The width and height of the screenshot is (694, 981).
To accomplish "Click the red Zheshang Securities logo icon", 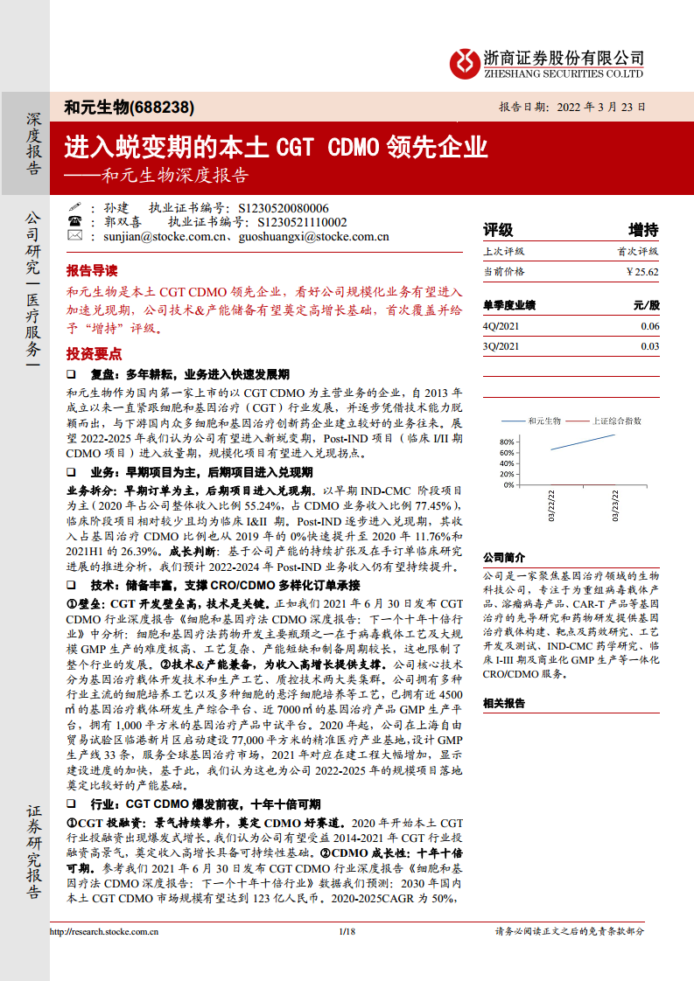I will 465,62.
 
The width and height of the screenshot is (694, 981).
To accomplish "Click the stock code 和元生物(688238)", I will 129,108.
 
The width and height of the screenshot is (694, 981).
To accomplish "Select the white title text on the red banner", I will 277,146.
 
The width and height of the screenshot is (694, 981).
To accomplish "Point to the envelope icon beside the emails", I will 74,236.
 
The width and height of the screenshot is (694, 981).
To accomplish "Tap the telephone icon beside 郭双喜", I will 74,222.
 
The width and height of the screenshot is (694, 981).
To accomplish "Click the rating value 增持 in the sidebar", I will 643,230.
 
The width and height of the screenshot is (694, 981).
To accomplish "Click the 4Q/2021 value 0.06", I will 649,326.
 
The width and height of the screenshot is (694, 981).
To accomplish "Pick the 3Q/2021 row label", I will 501,346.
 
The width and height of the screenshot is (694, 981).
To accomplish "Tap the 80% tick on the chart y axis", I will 507,442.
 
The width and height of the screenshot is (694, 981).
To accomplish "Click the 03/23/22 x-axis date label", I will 615,506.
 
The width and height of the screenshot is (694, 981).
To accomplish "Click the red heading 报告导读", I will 92,270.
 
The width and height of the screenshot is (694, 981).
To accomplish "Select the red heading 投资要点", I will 92,353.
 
